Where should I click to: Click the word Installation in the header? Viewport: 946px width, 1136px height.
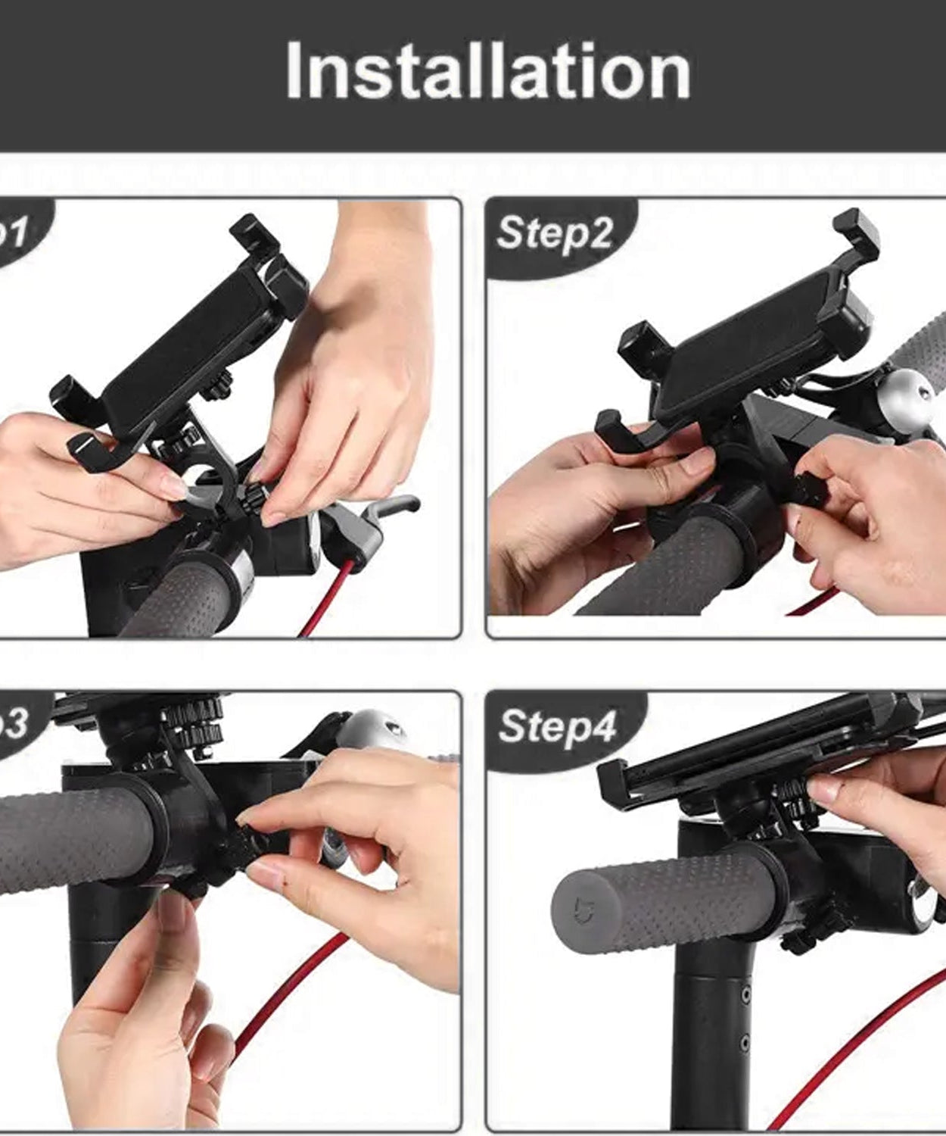tap(488, 71)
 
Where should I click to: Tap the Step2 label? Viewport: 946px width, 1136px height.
tap(555, 233)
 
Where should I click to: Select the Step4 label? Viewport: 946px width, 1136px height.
tap(558, 726)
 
